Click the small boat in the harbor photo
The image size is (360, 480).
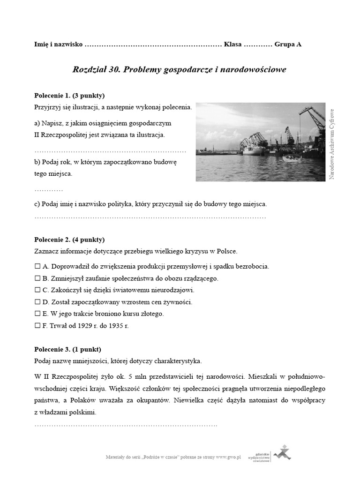(x=292, y=159)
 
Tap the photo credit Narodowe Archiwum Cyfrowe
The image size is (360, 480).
(x=332, y=143)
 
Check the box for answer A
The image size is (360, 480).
(x=37, y=266)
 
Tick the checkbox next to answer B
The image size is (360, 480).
(x=37, y=278)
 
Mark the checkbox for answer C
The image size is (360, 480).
(x=37, y=290)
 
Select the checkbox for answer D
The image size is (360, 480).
(x=37, y=302)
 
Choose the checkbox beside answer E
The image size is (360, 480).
(x=37, y=314)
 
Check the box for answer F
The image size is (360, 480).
(x=37, y=326)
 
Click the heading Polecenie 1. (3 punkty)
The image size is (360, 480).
(x=69, y=95)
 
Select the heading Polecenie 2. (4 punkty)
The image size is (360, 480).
(x=69, y=240)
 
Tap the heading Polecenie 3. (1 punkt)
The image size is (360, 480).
(x=67, y=349)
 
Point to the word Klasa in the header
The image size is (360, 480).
(x=232, y=45)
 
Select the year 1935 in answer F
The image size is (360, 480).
(x=115, y=326)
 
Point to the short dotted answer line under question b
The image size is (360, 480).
(x=49, y=190)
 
